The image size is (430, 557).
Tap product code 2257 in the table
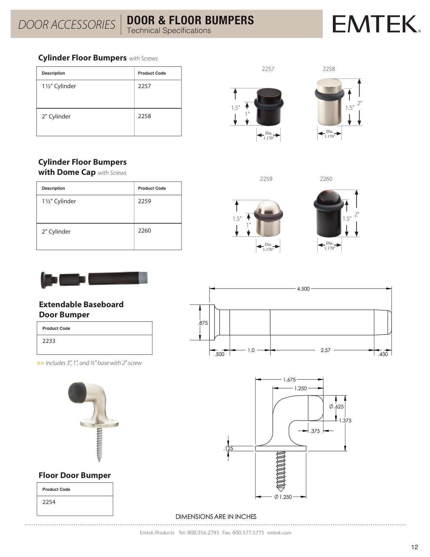[x=144, y=86]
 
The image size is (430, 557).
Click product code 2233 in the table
[x=49, y=341]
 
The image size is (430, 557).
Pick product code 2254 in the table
[x=49, y=502]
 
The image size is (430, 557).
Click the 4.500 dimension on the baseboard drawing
[x=303, y=289]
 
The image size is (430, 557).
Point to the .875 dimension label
[x=203, y=323]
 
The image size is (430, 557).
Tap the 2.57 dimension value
[x=325, y=350]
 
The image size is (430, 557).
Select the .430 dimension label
[x=383, y=354]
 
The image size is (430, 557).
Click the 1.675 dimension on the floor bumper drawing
[x=289, y=380]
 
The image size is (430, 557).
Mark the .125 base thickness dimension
[x=228, y=449]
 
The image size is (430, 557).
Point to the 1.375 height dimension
[x=345, y=421]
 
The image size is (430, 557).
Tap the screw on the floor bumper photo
[x=99, y=445]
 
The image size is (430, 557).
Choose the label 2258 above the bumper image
[x=329, y=69]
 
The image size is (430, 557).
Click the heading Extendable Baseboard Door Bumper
[x=81, y=310]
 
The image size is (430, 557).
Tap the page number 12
[x=414, y=547]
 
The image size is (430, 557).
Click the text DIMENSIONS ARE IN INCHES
[x=216, y=517]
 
